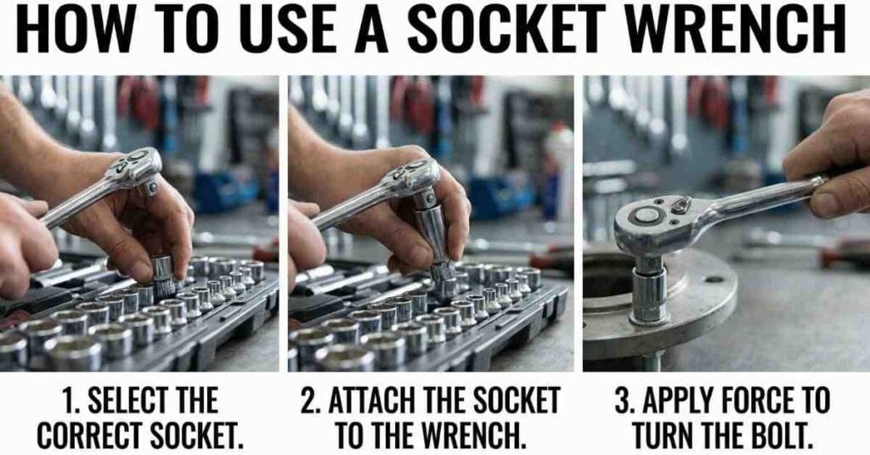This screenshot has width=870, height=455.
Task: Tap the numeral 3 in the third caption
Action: [x=622, y=402]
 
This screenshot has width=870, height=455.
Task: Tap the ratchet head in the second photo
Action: [x=414, y=175]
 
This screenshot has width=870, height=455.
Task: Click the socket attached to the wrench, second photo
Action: [x=436, y=244]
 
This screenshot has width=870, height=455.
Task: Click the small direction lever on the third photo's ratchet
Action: [x=681, y=206]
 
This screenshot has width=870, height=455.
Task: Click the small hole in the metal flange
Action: [x=714, y=279]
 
